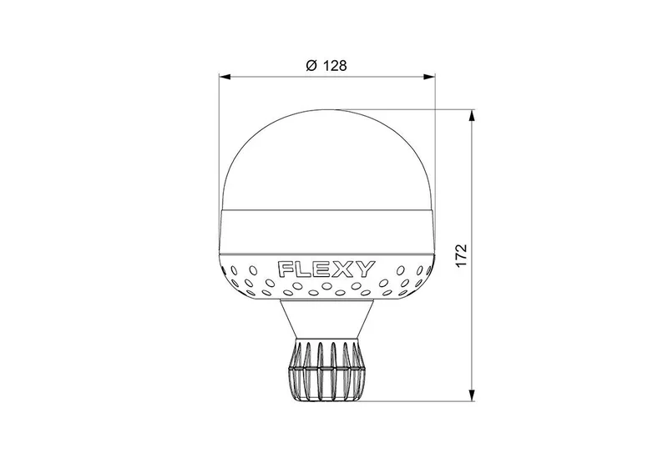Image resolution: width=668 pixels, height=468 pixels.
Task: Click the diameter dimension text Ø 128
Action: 326,66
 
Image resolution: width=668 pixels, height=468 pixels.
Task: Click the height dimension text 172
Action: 462,256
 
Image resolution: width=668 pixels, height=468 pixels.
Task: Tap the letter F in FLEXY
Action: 286,269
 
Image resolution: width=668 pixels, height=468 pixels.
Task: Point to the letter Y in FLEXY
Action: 364,269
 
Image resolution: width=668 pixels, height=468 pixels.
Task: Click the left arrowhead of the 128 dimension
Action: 225,77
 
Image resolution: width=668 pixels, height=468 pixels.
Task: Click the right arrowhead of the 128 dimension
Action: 429,77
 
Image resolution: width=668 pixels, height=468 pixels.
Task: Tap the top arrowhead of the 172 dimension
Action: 472,115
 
